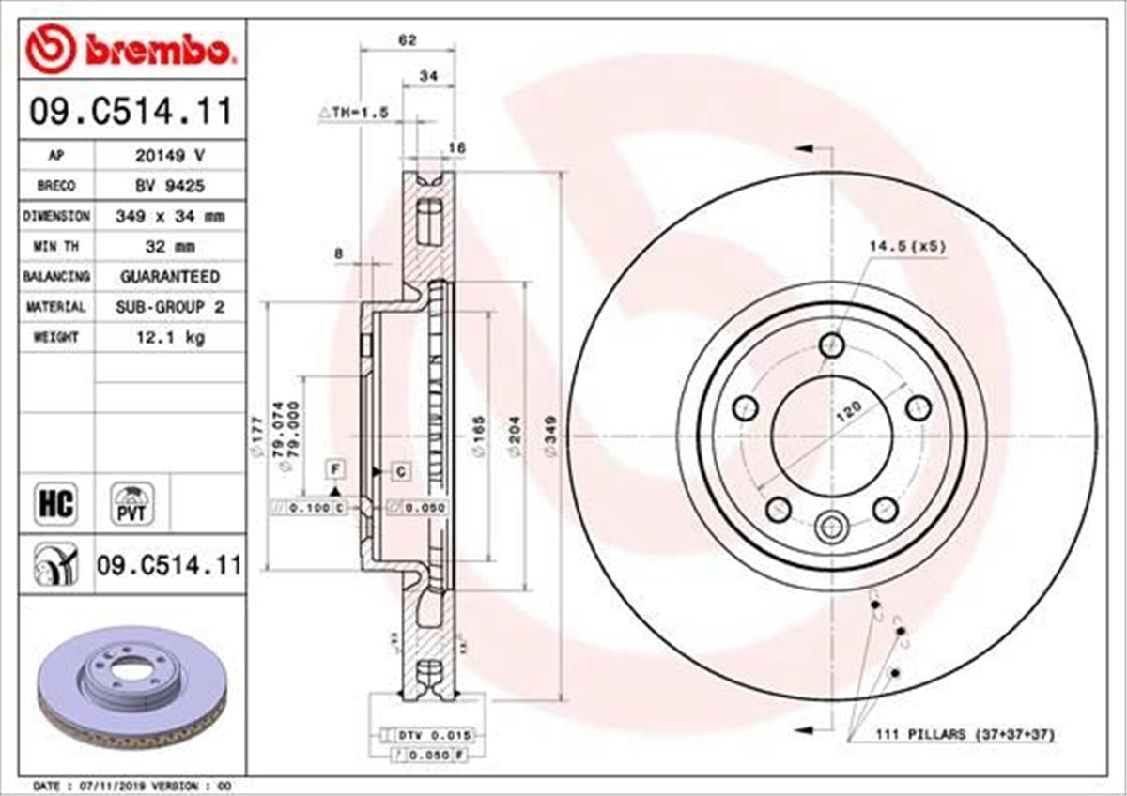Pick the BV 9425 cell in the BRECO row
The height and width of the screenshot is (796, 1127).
click(169, 186)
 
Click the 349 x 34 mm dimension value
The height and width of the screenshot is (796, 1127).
click(169, 216)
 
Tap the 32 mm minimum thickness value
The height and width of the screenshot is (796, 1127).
click(169, 246)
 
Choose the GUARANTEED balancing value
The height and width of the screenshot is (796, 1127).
click(169, 277)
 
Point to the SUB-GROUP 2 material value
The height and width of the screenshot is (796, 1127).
click(169, 307)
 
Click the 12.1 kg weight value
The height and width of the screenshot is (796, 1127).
click(169, 337)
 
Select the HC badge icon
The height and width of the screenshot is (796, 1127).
click(54, 504)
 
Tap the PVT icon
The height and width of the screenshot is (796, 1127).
click(132, 504)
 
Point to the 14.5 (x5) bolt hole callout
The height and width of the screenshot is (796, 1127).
click(906, 247)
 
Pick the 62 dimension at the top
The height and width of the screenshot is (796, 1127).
click(407, 39)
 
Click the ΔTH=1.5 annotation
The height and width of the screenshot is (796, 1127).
click(353, 113)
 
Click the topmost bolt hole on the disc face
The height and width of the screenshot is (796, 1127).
click(832, 345)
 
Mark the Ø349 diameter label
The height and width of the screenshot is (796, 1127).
click(551, 436)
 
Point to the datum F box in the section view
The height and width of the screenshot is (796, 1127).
click(334, 468)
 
